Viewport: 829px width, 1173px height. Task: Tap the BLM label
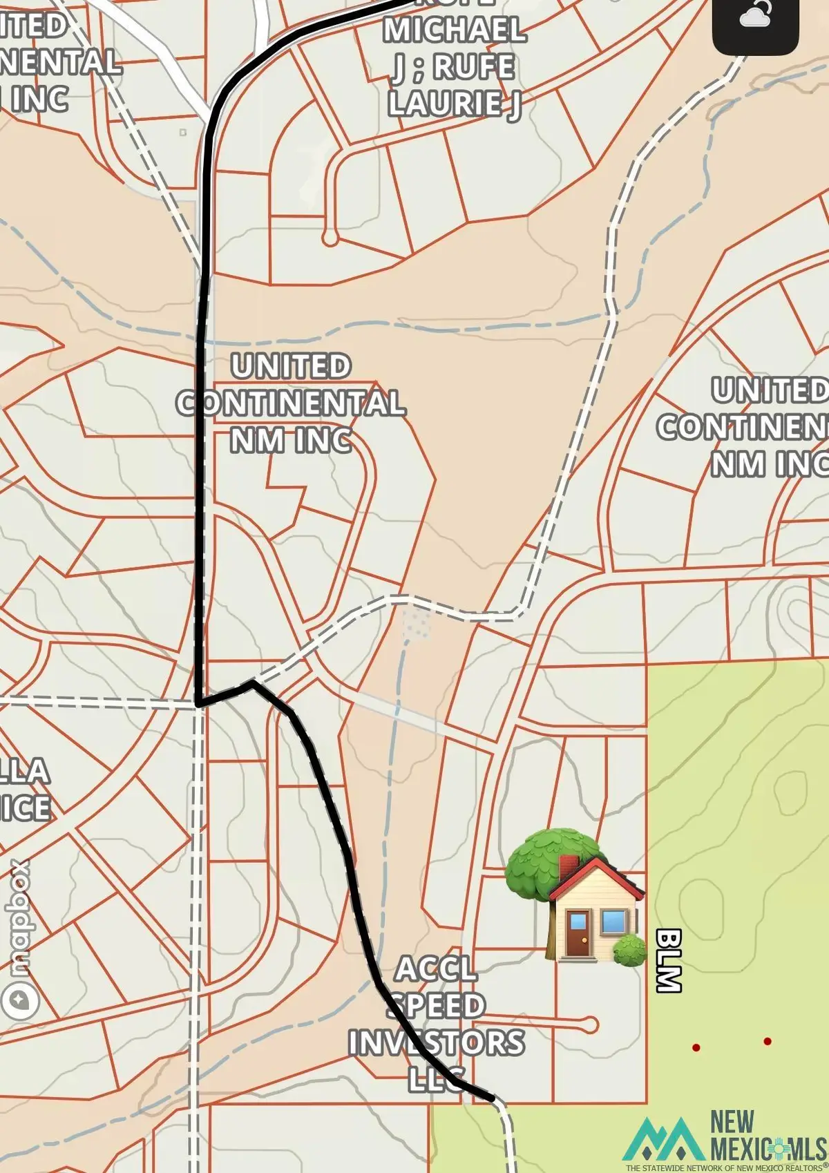click(x=668, y=960)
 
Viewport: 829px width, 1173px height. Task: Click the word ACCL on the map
click(x=436, y=969)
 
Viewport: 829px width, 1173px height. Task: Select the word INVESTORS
click(x=436, y=1042)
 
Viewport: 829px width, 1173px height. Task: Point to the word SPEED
click(x=436, y=1006)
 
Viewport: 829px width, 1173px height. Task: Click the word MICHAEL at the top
click(x=455, y=30)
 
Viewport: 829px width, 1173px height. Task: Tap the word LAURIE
click(x=446, y=104)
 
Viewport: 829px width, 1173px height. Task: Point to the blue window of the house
click(x=613, y=922)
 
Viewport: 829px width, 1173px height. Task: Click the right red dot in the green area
click(x=767, y=1041)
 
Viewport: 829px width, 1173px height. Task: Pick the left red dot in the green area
click(x=696, y=1047)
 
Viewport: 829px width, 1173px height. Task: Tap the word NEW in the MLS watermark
click(x=732, y=1122)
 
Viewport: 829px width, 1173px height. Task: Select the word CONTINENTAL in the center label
click(x=291, y=403)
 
